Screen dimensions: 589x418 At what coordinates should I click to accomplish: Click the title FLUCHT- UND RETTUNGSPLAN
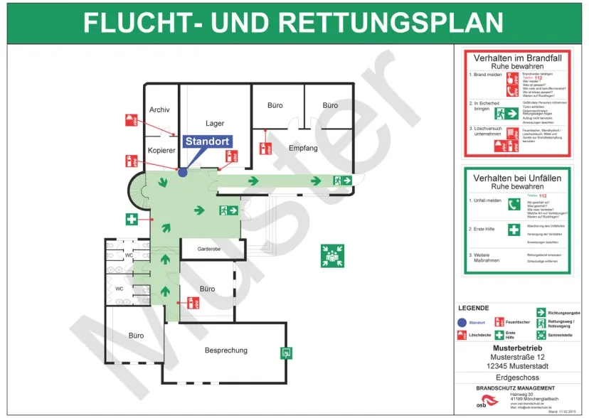pos(294,22)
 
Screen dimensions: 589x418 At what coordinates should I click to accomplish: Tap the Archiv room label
pos(159,109)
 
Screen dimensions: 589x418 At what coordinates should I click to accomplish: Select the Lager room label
pos(215,124)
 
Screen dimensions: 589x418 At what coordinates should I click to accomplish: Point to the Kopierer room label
pos(161,151)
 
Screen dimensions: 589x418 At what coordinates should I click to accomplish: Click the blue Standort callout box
pos(207,141)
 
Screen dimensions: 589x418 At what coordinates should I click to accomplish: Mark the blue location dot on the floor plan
pos(183,171)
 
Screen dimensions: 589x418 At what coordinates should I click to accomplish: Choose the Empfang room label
pos(303,148)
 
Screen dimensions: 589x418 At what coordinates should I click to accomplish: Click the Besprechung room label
pos(226,350)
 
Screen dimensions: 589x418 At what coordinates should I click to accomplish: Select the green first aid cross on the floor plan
pos(132,220)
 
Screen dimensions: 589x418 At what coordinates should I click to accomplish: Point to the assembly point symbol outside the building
pos(331,256)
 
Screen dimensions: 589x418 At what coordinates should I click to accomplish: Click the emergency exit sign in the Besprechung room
pos(287,352)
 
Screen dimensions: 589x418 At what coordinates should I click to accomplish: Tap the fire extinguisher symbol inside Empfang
pos(265,148)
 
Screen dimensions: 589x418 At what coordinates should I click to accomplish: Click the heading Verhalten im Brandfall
pos(517,57)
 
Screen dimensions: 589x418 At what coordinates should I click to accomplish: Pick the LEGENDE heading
pos(473,308)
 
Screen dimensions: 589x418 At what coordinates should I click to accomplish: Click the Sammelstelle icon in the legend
pos(541,334)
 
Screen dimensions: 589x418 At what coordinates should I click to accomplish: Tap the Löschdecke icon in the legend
pos(462,334)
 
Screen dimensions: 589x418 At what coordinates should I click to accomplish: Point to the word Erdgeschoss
pos(517,377)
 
